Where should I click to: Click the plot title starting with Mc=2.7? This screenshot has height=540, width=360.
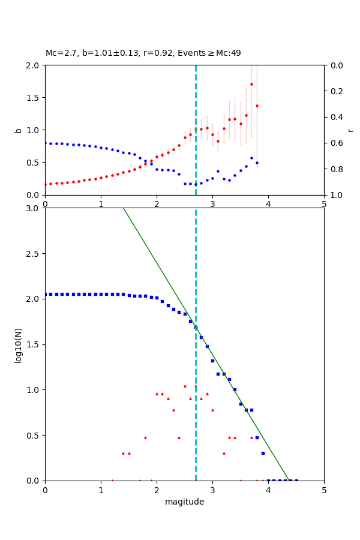(143, 53)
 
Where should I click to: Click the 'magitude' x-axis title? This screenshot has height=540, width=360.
(184, 502)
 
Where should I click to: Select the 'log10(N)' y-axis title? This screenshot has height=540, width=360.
(18, 344)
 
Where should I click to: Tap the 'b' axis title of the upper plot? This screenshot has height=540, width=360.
(18, 130)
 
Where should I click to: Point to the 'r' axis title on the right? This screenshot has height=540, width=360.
(350, 130)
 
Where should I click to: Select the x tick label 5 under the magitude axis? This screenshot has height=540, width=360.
(324, 489)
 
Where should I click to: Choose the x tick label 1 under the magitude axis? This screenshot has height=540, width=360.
(101, 489)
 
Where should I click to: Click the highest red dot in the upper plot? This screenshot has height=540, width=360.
(251, 84)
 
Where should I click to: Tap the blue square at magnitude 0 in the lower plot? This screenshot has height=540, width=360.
(46, 294)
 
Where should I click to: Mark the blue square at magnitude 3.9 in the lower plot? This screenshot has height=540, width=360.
(263, 453)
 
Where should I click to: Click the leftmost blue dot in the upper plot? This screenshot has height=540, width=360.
(46, 143)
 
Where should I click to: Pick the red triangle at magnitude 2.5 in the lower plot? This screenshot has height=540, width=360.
(185, 386)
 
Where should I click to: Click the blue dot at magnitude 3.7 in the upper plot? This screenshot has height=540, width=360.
(251, 158)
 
